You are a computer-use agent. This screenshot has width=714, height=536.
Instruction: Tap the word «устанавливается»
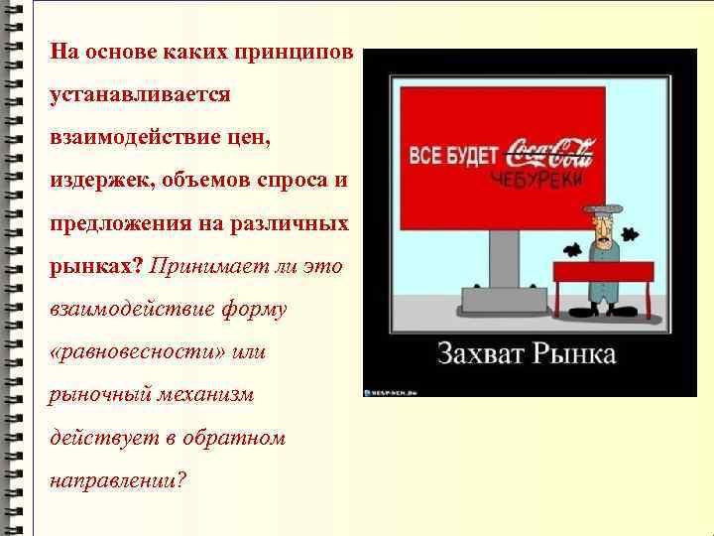(x=140, y=94)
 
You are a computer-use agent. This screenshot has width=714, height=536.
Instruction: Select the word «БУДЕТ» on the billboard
(x=472, y=157)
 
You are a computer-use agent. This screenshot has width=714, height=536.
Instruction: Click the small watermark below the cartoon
(x=394, y=390)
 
